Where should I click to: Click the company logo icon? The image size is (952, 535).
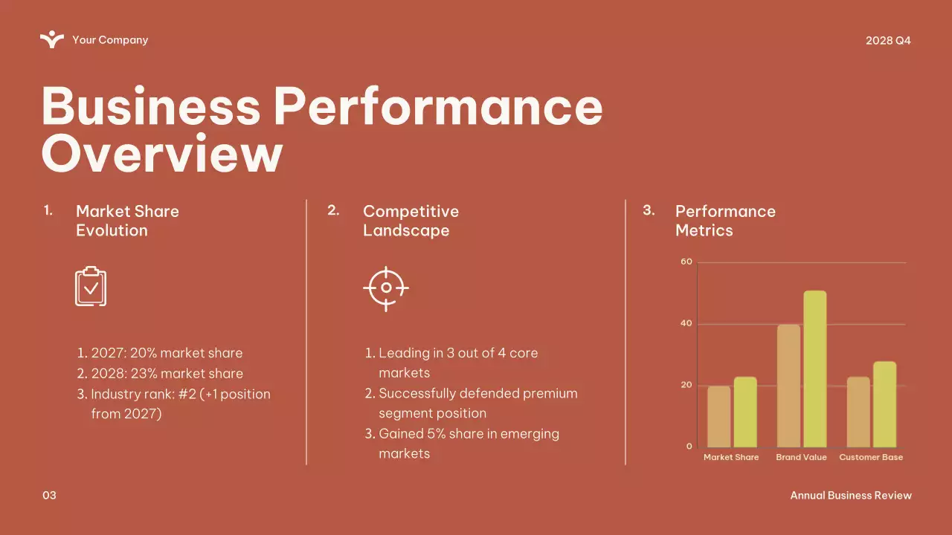52,39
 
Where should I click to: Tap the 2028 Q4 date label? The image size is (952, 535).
888,40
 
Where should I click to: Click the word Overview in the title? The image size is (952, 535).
162,153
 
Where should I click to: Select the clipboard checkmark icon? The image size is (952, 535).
91,286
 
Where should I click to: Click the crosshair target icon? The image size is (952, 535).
386,288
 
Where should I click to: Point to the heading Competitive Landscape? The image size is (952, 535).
411,221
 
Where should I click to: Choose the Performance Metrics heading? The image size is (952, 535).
724,221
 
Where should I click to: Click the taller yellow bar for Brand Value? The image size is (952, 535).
814,369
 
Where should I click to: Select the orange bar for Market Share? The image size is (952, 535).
719,416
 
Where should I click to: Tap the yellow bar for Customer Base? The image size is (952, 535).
884,404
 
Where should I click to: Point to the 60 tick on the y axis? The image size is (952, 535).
686,262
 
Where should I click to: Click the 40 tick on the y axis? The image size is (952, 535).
686,324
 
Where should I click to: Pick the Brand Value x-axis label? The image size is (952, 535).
801,458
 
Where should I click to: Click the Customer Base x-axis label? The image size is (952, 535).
871,458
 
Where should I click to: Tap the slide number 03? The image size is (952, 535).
49,496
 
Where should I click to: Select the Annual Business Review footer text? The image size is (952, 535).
850,496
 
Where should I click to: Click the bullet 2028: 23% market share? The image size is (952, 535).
167,374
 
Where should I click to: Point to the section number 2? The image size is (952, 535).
333,211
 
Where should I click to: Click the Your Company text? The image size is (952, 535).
110,40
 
